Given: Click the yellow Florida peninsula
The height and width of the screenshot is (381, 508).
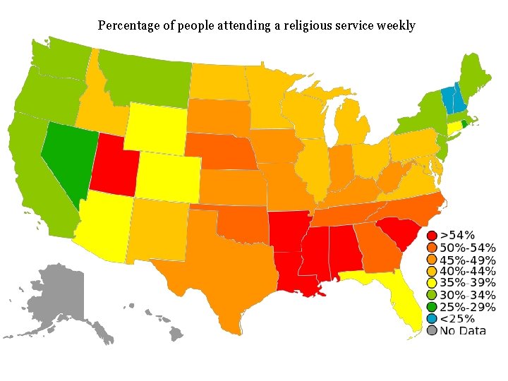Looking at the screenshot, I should pos(403,303).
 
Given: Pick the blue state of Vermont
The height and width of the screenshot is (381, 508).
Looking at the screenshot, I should pos(447,98).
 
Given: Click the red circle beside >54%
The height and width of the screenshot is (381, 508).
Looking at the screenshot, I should pos(432,235).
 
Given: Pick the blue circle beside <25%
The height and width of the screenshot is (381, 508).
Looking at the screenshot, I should pos(432,319).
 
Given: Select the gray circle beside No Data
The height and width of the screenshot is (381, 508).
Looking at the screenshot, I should pos(432,331).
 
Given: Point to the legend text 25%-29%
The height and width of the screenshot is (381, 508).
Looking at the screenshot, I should pos(467,307).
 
